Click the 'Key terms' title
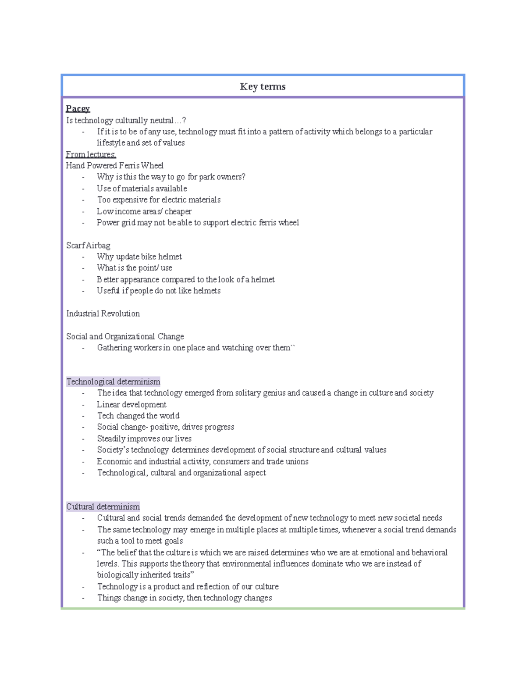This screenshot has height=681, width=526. [x=263, y=87]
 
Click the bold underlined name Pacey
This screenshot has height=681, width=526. [x=78, y=108]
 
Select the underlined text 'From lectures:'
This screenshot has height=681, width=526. [x=91, y=154]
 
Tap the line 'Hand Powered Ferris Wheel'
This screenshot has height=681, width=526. [x=114, y=165]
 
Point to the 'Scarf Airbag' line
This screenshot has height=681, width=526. [x=88, y=245]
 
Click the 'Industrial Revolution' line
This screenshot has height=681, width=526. [x=103, y=314]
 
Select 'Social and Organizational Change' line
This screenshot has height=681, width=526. [x=125, y=336]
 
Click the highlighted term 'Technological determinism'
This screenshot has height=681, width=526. [x=113, y=382]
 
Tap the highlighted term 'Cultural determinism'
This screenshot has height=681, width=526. [x=103, y=506]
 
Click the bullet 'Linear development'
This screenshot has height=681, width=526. [x=131, y=404]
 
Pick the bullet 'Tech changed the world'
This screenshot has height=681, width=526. [x=138, y=416]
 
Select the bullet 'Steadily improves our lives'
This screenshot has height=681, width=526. [x=144, y=439]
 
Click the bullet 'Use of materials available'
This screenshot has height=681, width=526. [x=142, y=189]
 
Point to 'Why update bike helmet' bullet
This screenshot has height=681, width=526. [x=139, y=257]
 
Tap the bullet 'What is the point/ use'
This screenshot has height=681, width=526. [x=135, y=268]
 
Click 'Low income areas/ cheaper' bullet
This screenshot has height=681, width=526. [x=144, y=211]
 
